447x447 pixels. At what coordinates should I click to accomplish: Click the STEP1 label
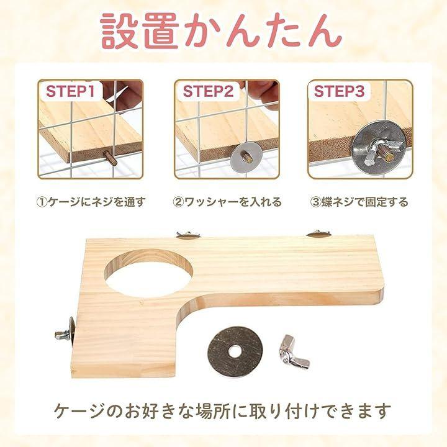tap(70, 91)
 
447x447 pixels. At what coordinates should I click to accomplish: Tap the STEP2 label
tap(208, 91)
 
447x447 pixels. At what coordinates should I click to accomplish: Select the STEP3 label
tap(339, 91)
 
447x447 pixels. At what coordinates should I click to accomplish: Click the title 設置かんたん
tap(221, 31)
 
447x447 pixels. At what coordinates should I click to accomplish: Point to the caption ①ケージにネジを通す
tap(91, 202)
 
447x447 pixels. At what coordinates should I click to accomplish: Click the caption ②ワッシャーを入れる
tap(227, 202)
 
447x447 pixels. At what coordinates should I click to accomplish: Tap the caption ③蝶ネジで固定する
tap(359, 202)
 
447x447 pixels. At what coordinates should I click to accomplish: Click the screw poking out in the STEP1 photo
tap(111, 158)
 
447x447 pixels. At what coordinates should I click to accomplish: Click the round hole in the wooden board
tap(148, 273)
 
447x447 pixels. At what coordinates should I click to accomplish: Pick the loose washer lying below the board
tap(234, 351)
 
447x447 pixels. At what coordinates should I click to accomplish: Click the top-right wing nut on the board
tap(318, 233)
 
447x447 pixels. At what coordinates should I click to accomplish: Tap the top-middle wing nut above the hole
tap(188, 234)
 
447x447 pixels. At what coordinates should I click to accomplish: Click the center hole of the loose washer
tap(235, 351)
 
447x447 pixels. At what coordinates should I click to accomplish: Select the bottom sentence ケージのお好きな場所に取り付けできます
tap(222, 410)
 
